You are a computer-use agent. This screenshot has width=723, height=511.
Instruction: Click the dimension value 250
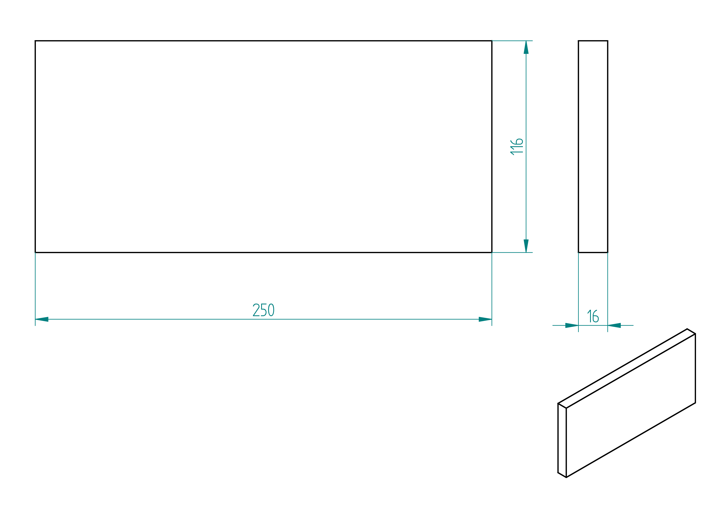[263, 310]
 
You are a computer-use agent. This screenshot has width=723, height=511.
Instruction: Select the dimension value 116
[517, 147]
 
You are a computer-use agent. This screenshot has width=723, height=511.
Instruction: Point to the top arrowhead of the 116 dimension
[526, 47]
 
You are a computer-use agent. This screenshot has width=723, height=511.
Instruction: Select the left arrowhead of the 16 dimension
[572, 325]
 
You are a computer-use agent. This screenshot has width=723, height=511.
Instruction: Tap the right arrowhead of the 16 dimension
[614, 325]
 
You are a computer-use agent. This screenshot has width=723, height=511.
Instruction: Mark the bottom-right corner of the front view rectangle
[492, 252]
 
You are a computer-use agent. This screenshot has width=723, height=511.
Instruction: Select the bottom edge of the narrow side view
[593, 252]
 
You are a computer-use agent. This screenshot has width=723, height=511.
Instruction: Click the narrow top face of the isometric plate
[627, 368]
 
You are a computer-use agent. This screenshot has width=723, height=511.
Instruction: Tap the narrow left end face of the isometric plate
[562, 440]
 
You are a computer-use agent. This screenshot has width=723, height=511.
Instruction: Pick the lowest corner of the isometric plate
[566, 477]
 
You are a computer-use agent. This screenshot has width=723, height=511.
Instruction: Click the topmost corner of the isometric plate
[687, 329]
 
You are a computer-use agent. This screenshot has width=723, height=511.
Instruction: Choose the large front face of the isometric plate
[631, 406]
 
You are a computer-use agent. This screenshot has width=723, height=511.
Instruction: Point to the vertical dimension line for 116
[526, 147]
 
